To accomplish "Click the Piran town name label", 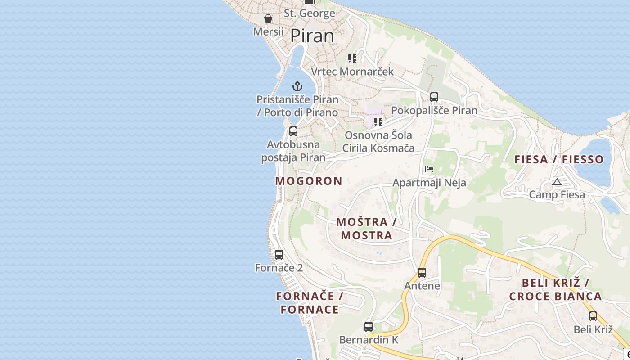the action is point(312,36).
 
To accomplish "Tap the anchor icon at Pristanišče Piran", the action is point(297,86).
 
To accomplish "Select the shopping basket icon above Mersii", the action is point(268,19).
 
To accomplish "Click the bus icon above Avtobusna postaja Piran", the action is point(293,131).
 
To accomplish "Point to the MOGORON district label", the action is point(309,181).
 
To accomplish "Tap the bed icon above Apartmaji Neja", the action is point(429,170).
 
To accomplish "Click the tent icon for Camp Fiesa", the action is point(557,182).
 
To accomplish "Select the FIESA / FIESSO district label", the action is point(559,159).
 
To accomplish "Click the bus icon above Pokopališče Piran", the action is point(434,97).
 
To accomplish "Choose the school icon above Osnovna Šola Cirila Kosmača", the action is point(378,121).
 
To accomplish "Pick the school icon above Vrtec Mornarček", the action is point(352,58).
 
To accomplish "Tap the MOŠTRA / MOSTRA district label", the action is point(366,229).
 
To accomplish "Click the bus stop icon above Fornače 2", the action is point(279,255).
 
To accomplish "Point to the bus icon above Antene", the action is point(422,273).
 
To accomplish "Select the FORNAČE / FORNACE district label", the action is point(310,303).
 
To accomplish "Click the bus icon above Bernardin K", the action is point(369,327).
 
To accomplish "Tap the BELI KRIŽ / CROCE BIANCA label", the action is point(555,290).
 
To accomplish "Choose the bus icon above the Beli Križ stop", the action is point(593,316).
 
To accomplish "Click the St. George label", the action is point(310,13).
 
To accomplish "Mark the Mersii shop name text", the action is point(268,32).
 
